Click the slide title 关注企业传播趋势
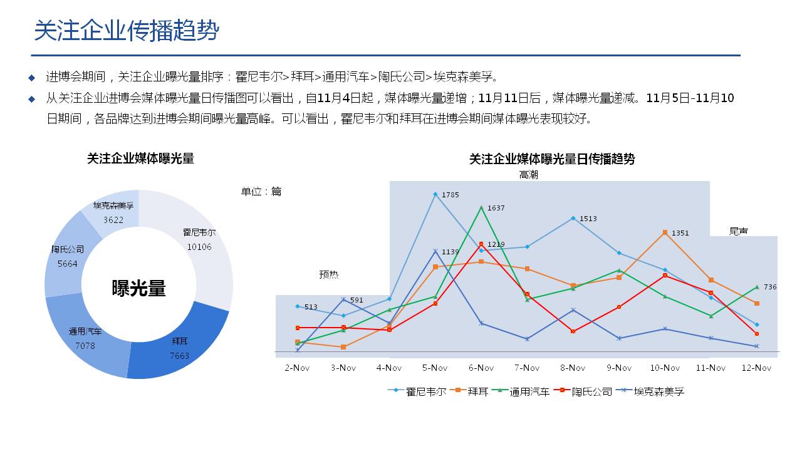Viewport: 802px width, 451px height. coord(127,30)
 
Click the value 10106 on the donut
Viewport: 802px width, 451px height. coord(199,247)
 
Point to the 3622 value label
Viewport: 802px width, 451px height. coord(113,220)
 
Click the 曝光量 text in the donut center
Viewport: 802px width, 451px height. coord(139,288)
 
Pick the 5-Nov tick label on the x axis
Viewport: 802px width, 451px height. coord(435,368)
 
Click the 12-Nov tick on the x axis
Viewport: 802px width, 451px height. coord(756,368)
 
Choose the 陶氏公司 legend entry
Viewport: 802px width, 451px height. coord(585,391)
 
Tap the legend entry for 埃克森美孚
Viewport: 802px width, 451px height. coord(652,391)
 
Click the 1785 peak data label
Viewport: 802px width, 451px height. coord(450,195)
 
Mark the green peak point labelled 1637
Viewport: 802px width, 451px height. coord(481,207)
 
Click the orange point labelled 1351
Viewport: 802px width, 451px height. coord(665,232)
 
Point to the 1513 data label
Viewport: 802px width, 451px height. coord(588,219)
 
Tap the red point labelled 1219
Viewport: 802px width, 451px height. coord(481,244)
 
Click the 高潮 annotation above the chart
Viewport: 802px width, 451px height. coord(528,175)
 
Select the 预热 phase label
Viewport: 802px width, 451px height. coord(329,274)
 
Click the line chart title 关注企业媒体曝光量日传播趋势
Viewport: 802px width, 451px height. coord(552,159)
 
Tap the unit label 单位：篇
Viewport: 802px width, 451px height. coord(261,192)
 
